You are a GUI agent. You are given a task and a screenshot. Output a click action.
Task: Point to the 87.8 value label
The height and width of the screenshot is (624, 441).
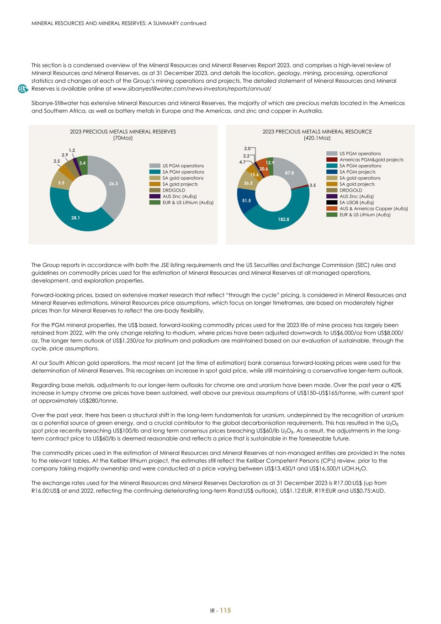[x=289, y=173]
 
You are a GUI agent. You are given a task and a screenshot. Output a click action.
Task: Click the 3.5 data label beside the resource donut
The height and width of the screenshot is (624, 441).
[x=313, y=185]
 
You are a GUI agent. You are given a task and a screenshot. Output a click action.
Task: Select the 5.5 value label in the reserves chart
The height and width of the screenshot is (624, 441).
[x=61, y=183]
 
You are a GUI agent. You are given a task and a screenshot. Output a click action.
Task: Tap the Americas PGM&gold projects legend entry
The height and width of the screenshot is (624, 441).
[x=371, y=160]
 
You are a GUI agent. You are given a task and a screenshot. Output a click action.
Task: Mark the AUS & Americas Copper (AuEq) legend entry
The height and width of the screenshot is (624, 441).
[x=373, y=208]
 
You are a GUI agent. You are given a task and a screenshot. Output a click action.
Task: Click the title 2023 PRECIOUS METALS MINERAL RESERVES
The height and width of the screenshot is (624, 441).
[x=123, y=132]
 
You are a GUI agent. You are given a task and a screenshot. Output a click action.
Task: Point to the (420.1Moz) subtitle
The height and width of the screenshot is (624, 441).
[x=317, y=138]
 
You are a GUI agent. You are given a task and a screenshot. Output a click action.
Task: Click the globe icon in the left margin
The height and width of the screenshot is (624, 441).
[x=22, y=89]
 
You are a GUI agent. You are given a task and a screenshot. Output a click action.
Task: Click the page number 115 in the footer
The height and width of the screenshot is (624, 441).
[x=225, y=611]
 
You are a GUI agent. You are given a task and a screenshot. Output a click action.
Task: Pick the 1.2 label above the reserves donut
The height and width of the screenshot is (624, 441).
[x=72, y=150]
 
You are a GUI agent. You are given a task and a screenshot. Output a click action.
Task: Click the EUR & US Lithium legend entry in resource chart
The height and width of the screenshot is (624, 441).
[x=365, y=214]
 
